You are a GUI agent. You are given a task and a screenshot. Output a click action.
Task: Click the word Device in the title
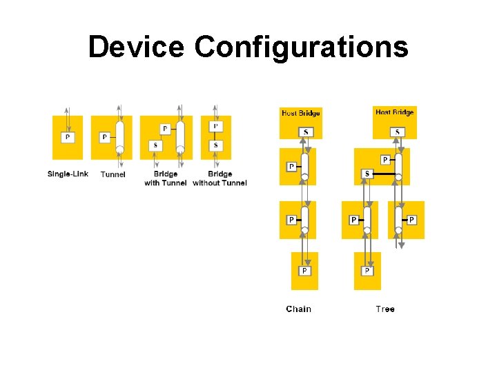[x=137, y=48]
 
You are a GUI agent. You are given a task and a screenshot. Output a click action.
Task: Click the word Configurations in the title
[x=301, y=48]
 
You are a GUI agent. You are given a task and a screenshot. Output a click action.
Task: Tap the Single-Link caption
[x=68, y=174]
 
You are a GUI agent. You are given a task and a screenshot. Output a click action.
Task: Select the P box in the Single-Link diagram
[x=67, y=137]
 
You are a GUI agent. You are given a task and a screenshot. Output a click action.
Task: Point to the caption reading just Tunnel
[x=113, y=174]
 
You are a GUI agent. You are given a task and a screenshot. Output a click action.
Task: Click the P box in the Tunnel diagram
[x=104, y=137]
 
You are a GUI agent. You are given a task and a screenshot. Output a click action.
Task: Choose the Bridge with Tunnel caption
[x=166, y=178]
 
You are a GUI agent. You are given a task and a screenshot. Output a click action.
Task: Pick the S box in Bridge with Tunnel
[x=155, y=145]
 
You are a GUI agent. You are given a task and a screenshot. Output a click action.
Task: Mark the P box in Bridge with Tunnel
[x=164, y=129]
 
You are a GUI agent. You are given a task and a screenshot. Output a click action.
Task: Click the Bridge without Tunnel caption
[x=220, y=178]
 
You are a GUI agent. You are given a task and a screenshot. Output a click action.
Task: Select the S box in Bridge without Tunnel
[x=216, y=145]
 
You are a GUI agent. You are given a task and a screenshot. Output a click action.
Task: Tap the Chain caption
[x=298, y=309]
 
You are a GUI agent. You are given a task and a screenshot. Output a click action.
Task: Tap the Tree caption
[x=385, y=309]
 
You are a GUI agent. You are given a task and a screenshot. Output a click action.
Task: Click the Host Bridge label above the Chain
[x=300, y=113]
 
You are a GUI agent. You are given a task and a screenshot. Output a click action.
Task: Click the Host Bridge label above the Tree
[x=394, y=112]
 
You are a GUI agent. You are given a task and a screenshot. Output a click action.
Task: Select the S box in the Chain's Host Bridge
[x=306, y=132]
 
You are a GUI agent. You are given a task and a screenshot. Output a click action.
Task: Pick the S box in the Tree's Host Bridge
[x=397, y=132]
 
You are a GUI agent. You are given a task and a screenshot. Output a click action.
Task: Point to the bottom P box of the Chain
[x=304, y=271]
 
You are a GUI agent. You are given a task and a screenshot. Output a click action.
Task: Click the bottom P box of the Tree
[x=367, y=271]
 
